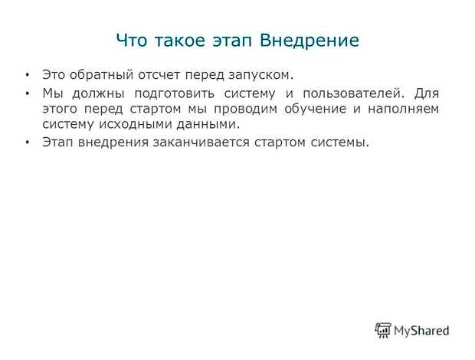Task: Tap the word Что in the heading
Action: click(131, 41)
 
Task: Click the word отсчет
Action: click(158, 76)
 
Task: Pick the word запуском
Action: click(265, 76)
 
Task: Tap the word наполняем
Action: click(405, 110)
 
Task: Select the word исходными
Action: click(123, 124)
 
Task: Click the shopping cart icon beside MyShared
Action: click(383, 330)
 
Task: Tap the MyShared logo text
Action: click(421, 331)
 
